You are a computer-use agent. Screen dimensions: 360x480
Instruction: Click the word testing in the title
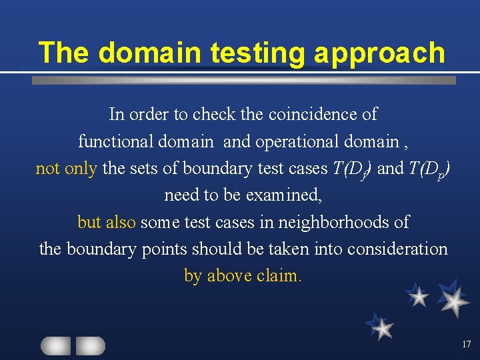[x=255, y=53]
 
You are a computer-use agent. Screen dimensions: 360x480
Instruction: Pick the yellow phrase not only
[x=66, y=168]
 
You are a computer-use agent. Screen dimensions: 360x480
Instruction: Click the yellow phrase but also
[x=107, y=221]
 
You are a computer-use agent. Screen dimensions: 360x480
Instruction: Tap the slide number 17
[x=465, y=344]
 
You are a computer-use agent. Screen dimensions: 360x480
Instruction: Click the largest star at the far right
[x=455, y=302]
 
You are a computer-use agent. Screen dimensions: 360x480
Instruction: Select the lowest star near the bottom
[x=382, y=328]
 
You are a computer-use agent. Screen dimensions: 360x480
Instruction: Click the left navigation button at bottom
[x=56, y=345]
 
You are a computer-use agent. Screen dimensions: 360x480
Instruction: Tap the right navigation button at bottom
[x=90, y=345]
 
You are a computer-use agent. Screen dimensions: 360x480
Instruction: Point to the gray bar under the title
[x=244, y=80]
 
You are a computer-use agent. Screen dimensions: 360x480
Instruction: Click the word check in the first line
[x=214, y=115]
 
